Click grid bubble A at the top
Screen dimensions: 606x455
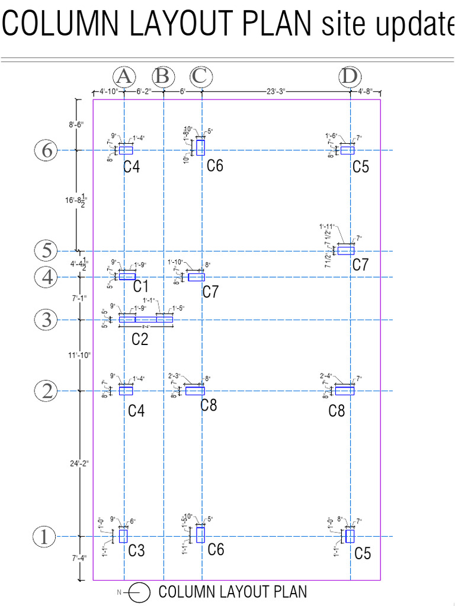pos(124,76)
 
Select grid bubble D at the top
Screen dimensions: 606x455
pos(350,76)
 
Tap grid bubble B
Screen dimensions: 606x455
pos(164,76)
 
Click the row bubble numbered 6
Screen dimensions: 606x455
pos(47,150)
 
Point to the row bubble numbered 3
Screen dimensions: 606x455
pos(47,320)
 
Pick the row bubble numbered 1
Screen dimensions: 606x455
pos(43,537)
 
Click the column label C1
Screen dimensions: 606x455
pos(140,287)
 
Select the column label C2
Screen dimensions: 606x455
pos(139,339)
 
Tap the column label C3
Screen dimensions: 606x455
pos(136,551)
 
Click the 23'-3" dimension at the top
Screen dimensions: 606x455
pos(275,91)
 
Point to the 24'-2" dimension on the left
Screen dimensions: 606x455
pos(78,463)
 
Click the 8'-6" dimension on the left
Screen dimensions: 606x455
pos(76,124)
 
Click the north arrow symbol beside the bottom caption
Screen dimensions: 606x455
pos(139,592)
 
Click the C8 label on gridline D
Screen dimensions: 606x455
pos(337,410)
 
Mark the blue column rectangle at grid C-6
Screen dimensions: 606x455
pos(200,147)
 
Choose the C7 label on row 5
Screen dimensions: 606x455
pos(360,265)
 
